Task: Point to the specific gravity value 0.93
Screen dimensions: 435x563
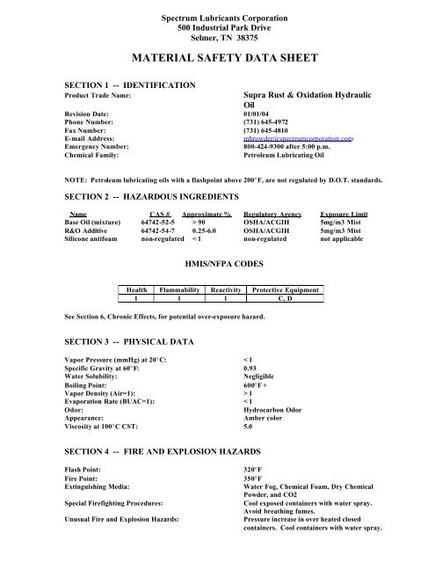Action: pos(250,368)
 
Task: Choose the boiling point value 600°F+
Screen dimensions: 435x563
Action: pos(256,384)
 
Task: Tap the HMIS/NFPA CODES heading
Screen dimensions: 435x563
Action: pos(219,262)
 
